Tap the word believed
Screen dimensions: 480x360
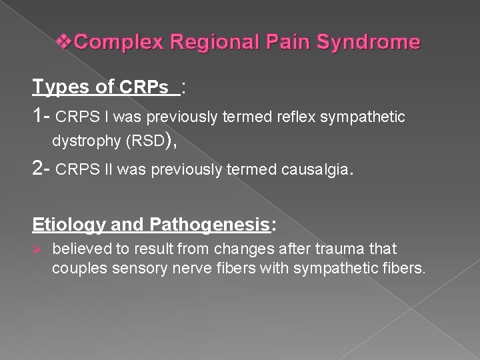click(79, 249)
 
